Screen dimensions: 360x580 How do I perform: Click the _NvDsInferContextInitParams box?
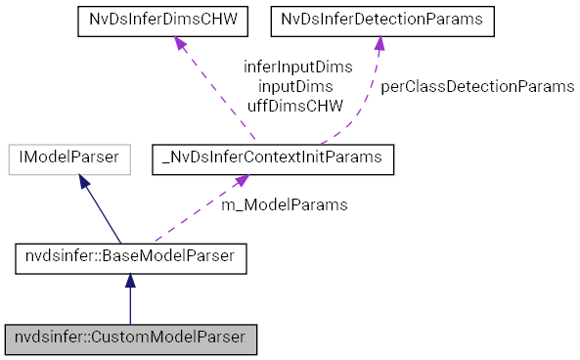coord(273,159)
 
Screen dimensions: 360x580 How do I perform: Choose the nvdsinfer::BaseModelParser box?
coord(130,258)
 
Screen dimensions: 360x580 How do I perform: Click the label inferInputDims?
coord(297,67)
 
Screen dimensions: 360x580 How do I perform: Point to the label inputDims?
coord(297,86)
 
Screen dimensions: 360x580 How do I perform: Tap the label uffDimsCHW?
coord(297,105)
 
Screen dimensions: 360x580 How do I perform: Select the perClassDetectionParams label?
coord(476,86)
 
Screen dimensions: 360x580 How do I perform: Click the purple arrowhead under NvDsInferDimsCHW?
coord(181,45)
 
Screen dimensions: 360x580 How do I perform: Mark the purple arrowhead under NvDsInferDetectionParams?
coord(379,45)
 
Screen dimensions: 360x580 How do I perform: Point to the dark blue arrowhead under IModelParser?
coord(85,183)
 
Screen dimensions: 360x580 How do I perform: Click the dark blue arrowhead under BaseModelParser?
coord(130,282)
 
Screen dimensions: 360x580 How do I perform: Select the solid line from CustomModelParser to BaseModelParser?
coord(130,307)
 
